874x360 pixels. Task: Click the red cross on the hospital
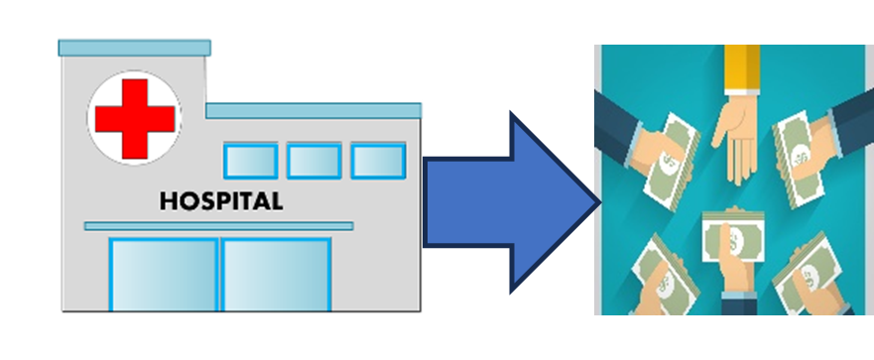134,118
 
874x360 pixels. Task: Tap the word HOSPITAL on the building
221,201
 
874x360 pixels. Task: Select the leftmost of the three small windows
251,161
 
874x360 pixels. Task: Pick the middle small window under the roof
313,161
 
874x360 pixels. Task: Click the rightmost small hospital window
378,161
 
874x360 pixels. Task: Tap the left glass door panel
164,274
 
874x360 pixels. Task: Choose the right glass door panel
277,274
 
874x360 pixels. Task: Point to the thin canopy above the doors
218,226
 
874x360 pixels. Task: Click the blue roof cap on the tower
134,48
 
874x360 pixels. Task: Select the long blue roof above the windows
313,110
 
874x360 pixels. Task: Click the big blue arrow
510,202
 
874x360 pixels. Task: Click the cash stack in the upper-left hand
670,162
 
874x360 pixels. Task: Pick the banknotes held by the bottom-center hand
733,237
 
